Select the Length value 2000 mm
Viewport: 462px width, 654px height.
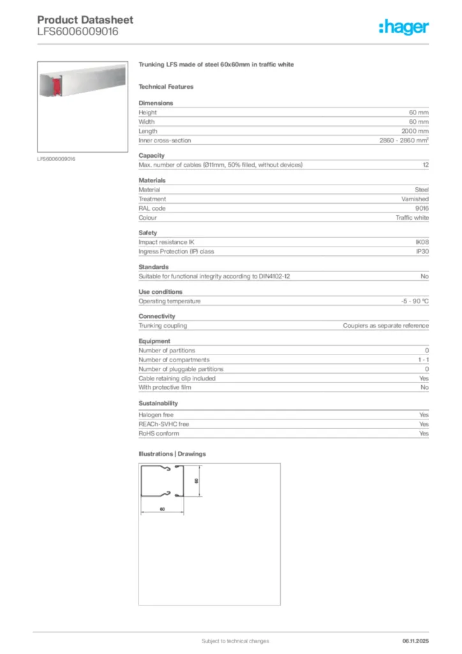click(414, 131)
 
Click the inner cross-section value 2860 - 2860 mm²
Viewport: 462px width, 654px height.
click(400, 140)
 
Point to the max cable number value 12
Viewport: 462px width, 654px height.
click(426, 165)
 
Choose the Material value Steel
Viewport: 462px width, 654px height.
click(422, 190)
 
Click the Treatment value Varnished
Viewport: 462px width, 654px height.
click(415, 199)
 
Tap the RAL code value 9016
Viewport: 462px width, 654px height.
click(422, 208)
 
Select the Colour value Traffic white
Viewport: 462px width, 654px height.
click(412, 217)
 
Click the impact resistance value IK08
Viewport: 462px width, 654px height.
click(422, 242)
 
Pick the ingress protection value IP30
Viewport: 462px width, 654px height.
click(422, 251)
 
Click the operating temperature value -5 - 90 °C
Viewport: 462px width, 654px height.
click(410, 301)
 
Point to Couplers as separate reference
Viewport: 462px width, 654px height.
click(385, 326)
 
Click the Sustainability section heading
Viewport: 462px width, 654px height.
click(158, 404)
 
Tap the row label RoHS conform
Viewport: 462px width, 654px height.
click(159, 433)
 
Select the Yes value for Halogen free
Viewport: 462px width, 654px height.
click(424, 415)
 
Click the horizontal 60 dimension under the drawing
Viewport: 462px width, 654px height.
click(162, 509)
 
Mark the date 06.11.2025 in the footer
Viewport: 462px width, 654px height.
click(415, 641)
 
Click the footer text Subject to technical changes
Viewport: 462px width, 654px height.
click(235, 641)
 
